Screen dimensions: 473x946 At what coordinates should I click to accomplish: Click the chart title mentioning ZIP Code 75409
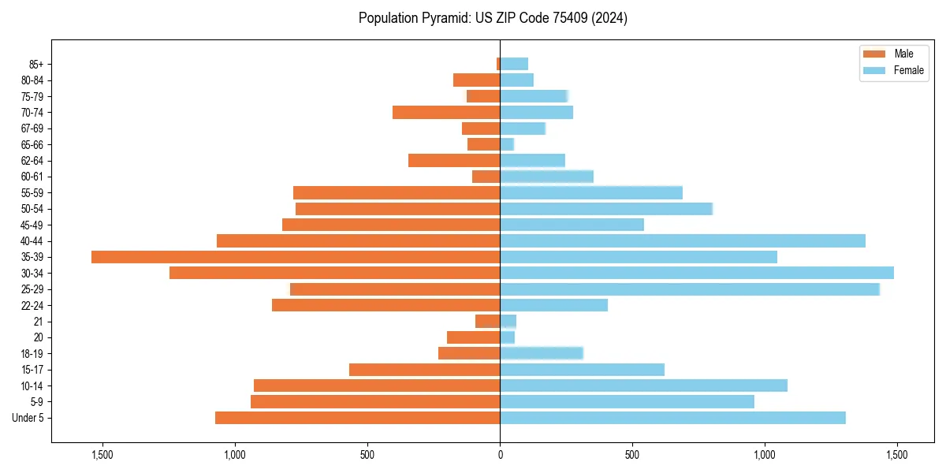coord(493,18)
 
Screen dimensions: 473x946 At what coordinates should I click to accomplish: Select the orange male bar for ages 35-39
coord(296,257)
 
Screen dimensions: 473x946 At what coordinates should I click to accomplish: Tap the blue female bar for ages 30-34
coord(697,273)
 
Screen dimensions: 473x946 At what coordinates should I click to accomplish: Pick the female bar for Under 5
coord(672,418)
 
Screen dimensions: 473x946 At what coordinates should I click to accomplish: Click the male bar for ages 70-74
coord(446,113)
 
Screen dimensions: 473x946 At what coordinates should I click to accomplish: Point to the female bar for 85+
coord(514,64)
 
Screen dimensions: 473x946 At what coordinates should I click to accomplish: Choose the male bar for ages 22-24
coord(386,305)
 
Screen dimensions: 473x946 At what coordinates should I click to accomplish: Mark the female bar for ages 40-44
coord(683,240)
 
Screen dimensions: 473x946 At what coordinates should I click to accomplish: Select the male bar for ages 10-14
coord(377,385)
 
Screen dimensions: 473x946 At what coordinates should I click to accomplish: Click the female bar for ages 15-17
coord(582,370)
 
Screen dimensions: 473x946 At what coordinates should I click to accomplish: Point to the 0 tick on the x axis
coord(500,455)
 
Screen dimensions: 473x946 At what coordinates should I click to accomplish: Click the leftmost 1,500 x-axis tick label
coord(102,455)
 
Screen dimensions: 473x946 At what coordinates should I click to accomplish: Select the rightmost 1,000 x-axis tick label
coord(765,455)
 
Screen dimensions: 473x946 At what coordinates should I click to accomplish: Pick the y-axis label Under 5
coord(28,418)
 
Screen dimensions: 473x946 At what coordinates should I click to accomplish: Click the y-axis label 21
coord(38,322)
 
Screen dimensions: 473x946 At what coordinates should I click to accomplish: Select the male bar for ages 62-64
coord(454,161)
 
